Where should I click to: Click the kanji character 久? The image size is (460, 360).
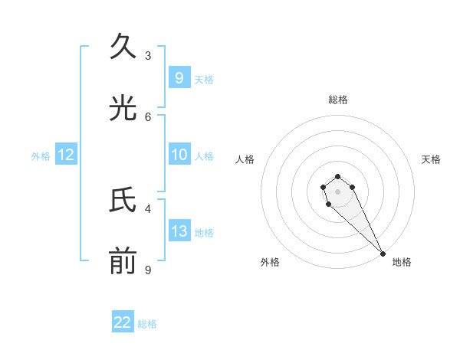(123, 47)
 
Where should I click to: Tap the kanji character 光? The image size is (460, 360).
(123, 109)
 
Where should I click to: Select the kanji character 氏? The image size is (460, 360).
(123, 201)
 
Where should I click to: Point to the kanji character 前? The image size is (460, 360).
(123, 263)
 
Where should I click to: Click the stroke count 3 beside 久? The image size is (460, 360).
(148, 55)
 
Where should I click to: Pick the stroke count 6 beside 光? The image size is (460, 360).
(148, 116)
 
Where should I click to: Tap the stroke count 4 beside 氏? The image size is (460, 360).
(148, 208)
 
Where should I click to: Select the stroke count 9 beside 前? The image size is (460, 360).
(148, 270)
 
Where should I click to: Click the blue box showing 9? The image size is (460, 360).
(179, 78)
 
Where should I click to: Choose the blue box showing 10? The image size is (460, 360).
(179, 155)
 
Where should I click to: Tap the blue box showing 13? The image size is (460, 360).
(179, 231)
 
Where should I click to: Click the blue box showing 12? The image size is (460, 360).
(66, 155)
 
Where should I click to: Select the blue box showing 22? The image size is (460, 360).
(123, 322)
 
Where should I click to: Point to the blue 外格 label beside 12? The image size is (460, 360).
(41, 155)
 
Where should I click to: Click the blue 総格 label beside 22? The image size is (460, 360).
(148, 324)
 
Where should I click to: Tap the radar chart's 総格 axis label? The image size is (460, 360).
(338, 100)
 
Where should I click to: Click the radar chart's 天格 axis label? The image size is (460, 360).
(431, 159)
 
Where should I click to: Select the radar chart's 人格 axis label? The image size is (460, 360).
(245, 159)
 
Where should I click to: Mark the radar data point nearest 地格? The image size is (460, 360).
(383, 254)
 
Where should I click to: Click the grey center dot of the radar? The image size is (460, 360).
(337, 191)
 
